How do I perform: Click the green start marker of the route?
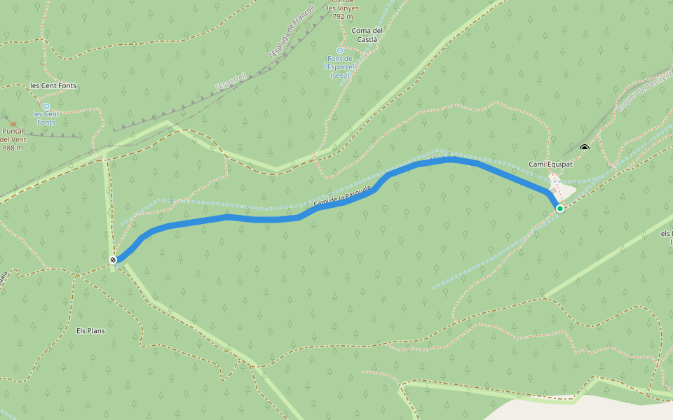pos(559,209)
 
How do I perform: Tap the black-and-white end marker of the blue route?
pos(113,260)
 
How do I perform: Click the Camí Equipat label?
pos(550,164)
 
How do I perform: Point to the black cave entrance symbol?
pos(585,148)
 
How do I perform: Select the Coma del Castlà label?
pos(367,35)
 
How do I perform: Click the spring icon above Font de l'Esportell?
pos(340,50)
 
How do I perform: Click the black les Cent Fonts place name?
pos(53,86)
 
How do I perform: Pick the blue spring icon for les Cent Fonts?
pos(46,106)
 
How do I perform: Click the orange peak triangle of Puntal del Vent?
pos(12,123)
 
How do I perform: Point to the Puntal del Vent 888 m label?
pos(13,139)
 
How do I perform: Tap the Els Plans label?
pos(90,330)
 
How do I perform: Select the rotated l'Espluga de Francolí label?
pos(291,32)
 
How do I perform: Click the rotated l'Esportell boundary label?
pos(231,82)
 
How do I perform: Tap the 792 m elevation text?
pos(343,16)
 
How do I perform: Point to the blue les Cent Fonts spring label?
pos(46,118)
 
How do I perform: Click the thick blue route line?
pos(266,220)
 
